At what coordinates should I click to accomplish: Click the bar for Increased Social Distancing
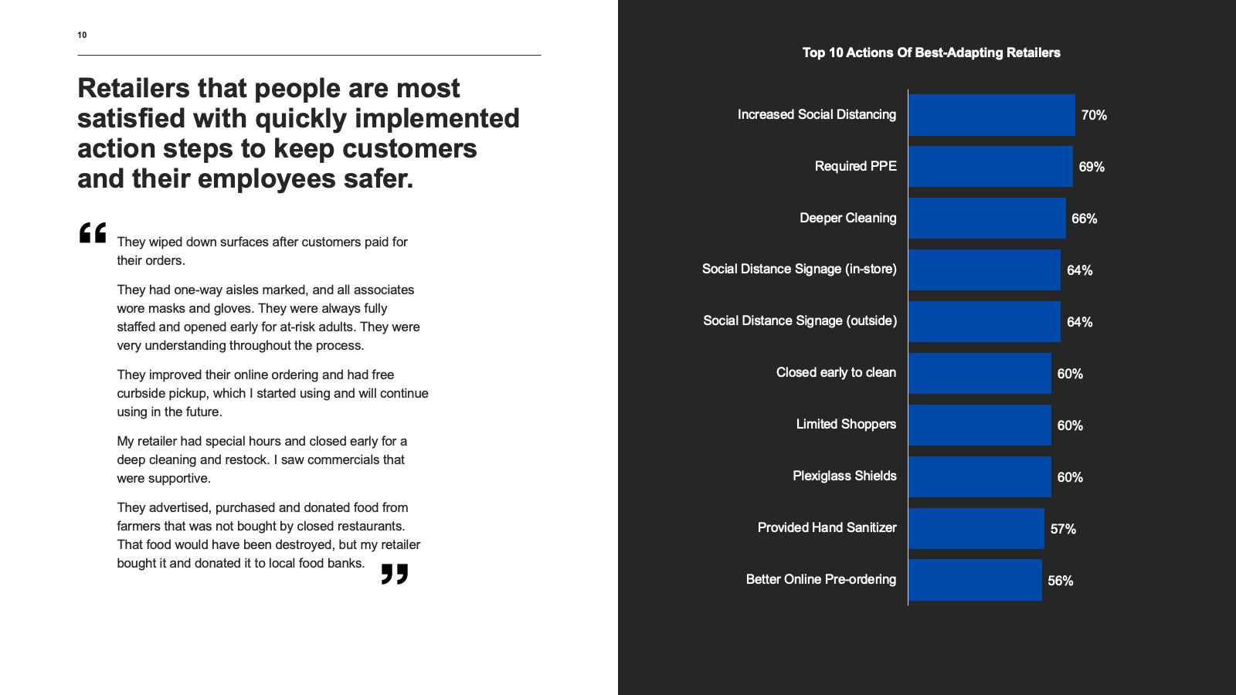click(991, 115)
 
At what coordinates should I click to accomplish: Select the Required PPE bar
click(990, 167)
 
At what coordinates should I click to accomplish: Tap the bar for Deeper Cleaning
click(986, 219)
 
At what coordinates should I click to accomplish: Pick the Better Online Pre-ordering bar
click(975, 580)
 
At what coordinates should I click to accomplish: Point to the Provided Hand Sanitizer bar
click(976, 528)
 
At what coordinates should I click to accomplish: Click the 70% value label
click(1093, 116)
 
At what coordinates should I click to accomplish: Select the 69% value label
click(1092, 168)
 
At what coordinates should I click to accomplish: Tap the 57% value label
click(1063, 530)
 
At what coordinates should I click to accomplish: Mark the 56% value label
click(1060, 581)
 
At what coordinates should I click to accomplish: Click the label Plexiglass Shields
click(844, 476)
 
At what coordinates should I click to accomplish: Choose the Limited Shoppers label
click(846, 425)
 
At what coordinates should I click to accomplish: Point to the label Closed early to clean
click(836, 373)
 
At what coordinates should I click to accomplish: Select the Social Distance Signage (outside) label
click(800, 321)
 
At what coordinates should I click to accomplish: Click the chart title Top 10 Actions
click(931, 53)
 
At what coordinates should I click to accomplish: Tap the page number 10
click(82, 35)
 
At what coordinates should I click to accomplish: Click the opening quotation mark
click(93, 233)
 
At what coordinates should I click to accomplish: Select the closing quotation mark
click(394, 574)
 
